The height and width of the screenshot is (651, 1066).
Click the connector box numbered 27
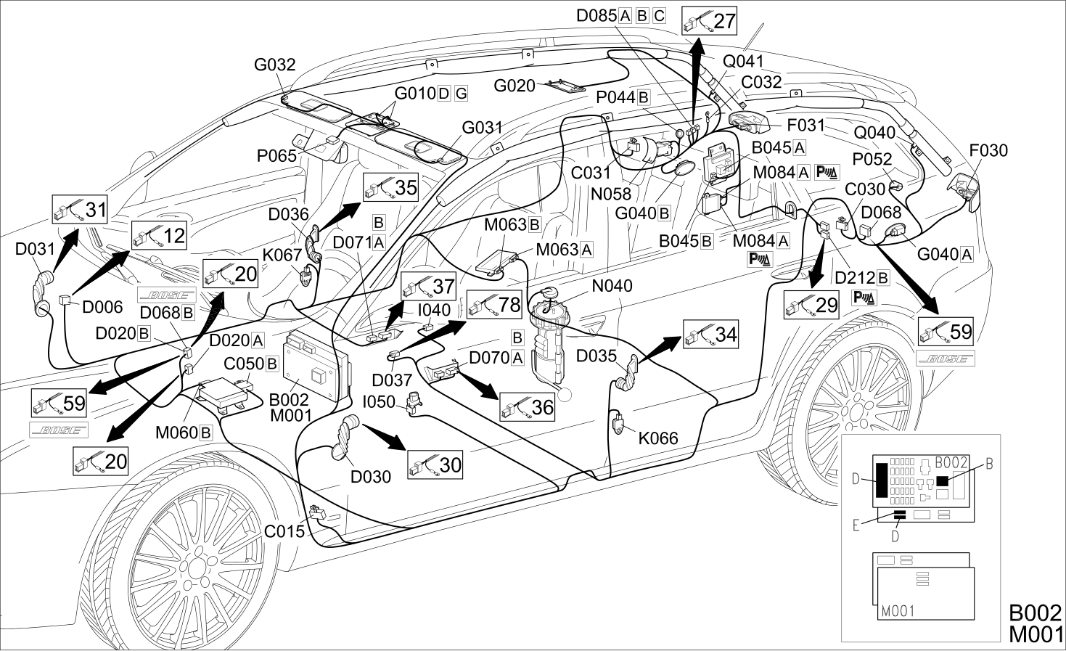coord(709,21)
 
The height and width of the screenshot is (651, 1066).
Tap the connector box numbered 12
coord(159,236)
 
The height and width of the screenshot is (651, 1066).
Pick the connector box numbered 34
coord(710,334)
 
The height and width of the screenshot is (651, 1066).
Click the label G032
coord(274,65)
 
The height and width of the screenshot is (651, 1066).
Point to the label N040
coord(612,286)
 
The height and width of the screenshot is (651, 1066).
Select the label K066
coord(658,438)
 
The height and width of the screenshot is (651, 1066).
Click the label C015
coord(284,531)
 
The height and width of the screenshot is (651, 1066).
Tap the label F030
coord(988,150)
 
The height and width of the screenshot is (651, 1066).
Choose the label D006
coord(102,307)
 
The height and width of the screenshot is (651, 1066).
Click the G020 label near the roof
coord(514,86)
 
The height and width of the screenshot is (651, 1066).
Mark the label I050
coord(379,402)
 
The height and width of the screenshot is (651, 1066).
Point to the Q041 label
coord(743,62)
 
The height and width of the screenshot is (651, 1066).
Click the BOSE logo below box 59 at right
coord(946,359)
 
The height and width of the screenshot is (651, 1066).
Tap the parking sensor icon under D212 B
coord(864,298)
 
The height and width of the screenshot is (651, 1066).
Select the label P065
coord(276,155)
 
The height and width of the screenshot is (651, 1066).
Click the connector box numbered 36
coord(528,407)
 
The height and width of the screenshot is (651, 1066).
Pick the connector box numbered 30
coord(435,464)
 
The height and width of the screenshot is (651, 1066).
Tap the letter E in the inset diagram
coord(856,525)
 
